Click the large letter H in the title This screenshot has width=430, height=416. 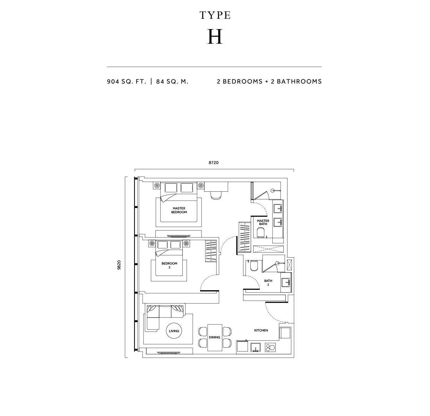pos(215,37)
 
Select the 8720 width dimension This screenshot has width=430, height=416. pos(214,163)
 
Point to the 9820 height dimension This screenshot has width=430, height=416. pos(119,265)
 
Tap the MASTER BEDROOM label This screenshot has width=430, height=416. pos(179,210)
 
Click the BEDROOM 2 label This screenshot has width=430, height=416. pos(169,265)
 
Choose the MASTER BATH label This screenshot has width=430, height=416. pos(263,222)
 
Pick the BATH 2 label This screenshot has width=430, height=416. pos(268,283)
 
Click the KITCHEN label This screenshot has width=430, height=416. pos(261,330)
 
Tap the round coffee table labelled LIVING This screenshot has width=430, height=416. pos(174,331)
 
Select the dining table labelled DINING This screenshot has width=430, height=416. pos(215,338)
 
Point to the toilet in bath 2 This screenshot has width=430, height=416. pos(254,266)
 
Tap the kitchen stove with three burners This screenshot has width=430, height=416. pos(270,347)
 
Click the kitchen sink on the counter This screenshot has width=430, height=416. pos(256,347)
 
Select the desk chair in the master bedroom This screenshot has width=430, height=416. pos(216,195)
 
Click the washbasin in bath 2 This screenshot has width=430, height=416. pos(286,283)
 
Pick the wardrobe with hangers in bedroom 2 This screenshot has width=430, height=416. pos(211,251)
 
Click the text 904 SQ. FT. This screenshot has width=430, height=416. pos(127,82)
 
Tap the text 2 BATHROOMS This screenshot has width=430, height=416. pos(296,81)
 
